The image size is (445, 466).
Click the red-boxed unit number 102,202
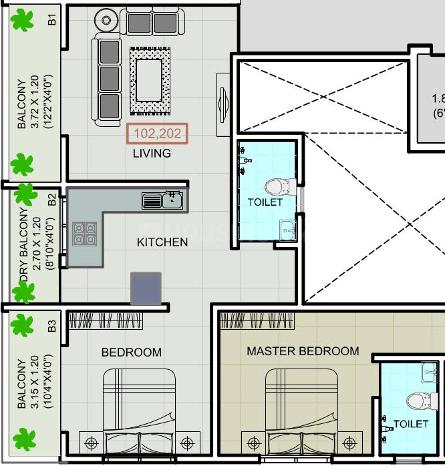point(158,134)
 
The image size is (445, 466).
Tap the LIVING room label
point(152,154)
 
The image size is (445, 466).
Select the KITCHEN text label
point(162,242)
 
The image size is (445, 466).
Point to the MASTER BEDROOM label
point(303,351)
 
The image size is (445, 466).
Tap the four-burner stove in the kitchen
point(84,234)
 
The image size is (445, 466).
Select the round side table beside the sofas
point(106,21)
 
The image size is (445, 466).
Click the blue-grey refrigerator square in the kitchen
point(146,288)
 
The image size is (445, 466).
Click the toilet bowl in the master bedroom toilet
point(418,401)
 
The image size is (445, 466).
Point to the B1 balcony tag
point(52,20)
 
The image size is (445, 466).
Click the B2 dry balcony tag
point(52,198)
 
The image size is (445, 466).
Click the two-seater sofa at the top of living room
point(152,22)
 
